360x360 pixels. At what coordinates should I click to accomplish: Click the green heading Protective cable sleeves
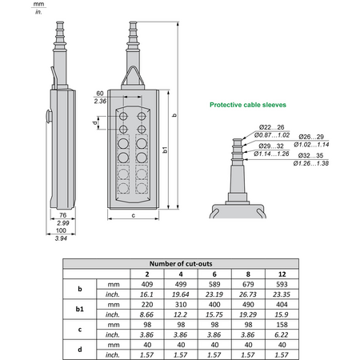click(x=248, y=105)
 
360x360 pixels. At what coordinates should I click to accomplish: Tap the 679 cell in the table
click(x=248, y=284)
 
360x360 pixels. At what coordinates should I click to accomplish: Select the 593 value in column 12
click(x=282, y=284)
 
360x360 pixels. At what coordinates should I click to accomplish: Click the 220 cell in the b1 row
click(x=147, y=305)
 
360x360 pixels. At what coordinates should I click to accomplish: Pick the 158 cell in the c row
click(x=282, y=325)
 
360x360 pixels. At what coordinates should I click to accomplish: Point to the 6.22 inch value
click(x=282, y=334)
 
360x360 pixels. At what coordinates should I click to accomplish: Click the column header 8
click(x=248, y=274)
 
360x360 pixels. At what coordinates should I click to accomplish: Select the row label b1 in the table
click(x=79, y=309)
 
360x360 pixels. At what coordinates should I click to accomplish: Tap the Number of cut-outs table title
click(x=181, y=264)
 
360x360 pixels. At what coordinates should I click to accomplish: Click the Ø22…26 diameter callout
click(x=271, y=127)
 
